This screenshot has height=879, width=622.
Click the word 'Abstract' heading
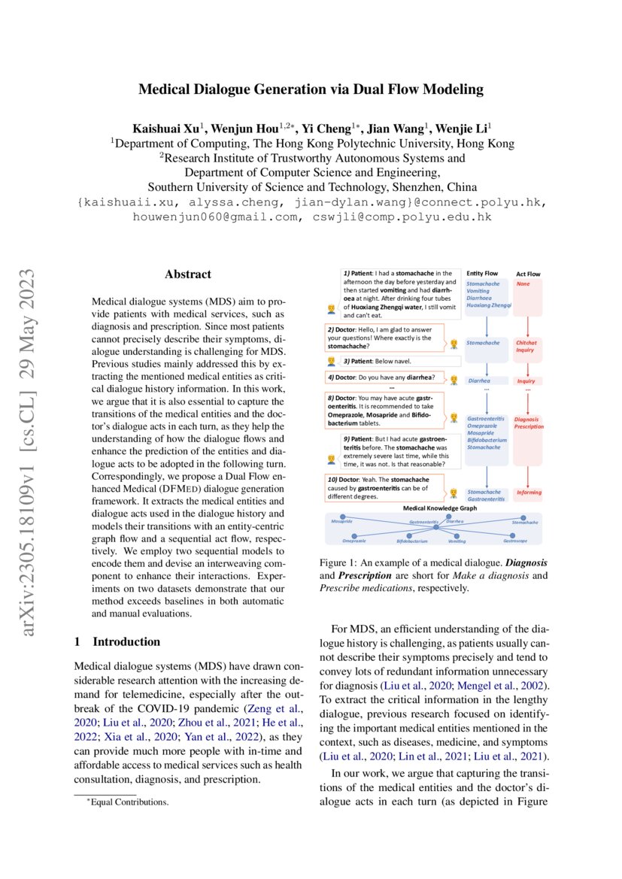point(188,274)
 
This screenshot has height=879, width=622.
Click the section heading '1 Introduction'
point(117,641)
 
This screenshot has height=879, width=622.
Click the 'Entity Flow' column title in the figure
point(482,274)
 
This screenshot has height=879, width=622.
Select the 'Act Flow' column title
point(528,274)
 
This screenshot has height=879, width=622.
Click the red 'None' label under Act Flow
point(523,283)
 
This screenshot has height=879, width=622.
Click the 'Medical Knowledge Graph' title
point(435,508)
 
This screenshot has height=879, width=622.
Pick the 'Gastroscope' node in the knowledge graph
point(514,540)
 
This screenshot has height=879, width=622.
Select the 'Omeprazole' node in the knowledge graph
point(354,540)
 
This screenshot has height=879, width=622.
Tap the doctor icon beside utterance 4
point(454,377)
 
